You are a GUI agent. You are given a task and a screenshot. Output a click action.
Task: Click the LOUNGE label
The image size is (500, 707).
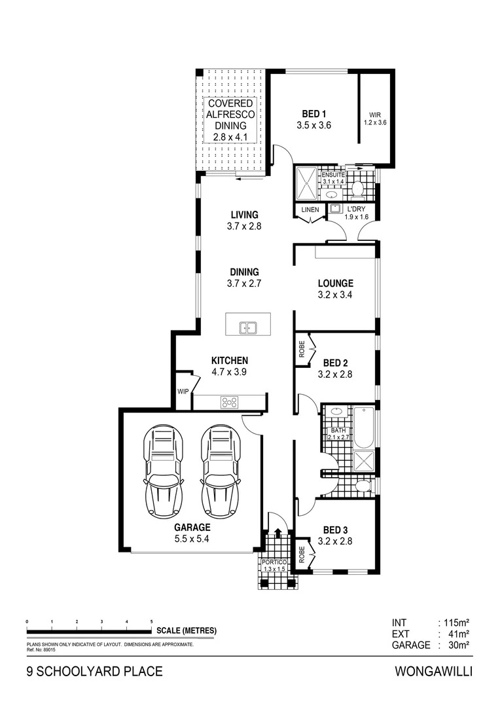coord(335,289)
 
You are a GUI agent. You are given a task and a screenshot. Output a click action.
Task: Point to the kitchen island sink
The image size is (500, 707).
coord(247,327)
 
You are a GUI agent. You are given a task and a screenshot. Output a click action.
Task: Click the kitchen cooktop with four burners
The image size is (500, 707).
coord(229,403)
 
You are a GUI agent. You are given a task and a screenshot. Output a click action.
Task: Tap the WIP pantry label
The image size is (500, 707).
coord(183,392)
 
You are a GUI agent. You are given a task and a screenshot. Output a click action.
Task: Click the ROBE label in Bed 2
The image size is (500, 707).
coord(302,348)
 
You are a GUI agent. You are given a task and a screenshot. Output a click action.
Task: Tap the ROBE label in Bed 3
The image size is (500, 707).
coord(302,554)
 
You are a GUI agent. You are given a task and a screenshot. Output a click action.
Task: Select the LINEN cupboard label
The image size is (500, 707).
coord(310,209)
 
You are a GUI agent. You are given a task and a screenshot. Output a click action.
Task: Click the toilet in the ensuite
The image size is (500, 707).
coord(357,189)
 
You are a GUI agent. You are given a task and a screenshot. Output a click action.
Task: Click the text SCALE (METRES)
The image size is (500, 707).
coord(187,631)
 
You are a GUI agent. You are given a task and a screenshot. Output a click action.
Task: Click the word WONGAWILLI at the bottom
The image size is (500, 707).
coord(433,671)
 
